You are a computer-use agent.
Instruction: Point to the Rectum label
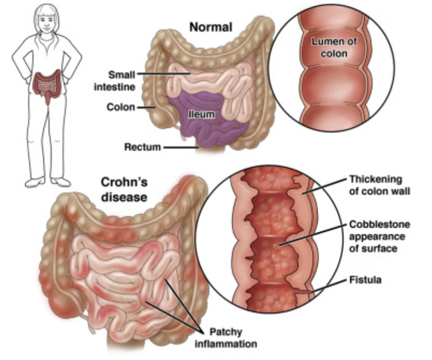142,147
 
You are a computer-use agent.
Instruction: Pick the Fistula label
365,279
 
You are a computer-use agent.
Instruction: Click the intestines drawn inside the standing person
46,86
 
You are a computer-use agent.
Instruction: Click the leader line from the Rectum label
179,147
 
